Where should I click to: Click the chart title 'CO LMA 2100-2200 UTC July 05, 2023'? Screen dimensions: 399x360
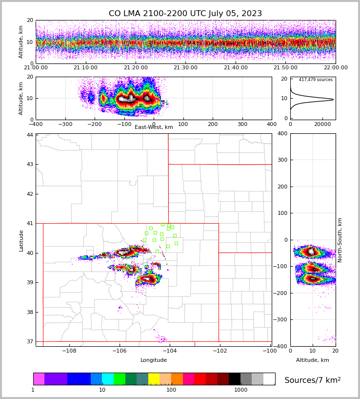[x=185, y=14]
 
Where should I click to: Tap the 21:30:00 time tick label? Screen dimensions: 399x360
[x=185, y=68]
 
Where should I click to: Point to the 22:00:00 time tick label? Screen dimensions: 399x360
[x=335, y=68]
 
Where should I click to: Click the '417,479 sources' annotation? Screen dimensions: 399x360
[x=316, y=80]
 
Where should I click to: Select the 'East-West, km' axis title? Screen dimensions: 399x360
[x=154, y=127]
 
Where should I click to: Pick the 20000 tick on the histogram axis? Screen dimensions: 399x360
[x=322, y=125]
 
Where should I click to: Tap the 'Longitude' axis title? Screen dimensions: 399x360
[x=154, y=360]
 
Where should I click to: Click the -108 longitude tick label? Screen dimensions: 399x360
[x=69, y=351]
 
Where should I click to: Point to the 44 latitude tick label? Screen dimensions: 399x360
[x=30, y=135]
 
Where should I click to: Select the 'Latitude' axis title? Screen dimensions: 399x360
[x=21, y=240]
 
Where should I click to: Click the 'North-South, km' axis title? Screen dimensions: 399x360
[x=340, y=240]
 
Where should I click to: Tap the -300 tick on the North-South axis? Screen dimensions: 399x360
[x=282, y=319]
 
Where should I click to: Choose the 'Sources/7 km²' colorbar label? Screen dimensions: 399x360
[x=313, y=380]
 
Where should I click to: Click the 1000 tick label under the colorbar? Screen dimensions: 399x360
[x=240, y=390]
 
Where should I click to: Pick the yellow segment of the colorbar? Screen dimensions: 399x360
[x=154, y=379]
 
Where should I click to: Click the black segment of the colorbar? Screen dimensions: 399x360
[x=235, y=379]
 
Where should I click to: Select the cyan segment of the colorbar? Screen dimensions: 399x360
[x=108, y=379]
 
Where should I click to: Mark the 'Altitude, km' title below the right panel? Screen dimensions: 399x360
[x=313, y=360]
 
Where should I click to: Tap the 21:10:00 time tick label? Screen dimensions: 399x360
[x=85, y=68]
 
